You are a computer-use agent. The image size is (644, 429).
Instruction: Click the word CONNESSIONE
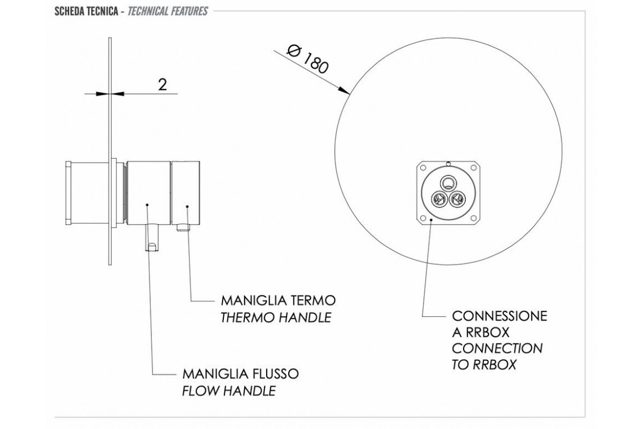point(500,315)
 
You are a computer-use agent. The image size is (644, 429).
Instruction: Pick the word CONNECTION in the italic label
point(497,349)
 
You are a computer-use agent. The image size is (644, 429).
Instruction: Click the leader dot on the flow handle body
point(148,204)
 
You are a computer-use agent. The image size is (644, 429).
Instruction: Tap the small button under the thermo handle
point(182,228)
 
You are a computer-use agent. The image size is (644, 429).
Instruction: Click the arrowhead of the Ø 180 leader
point(348,92)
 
